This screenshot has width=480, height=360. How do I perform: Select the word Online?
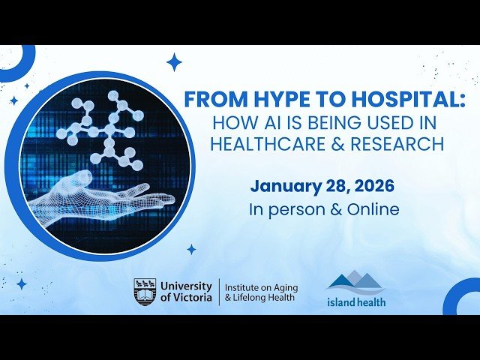[373, 209]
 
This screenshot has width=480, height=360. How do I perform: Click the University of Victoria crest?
[145, 291]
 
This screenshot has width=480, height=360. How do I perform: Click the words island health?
[356, 302]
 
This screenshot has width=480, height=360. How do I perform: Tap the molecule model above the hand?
[105, 127]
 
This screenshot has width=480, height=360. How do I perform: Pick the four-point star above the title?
[174, 61]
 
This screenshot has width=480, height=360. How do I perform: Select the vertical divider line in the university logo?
[219, 291]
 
